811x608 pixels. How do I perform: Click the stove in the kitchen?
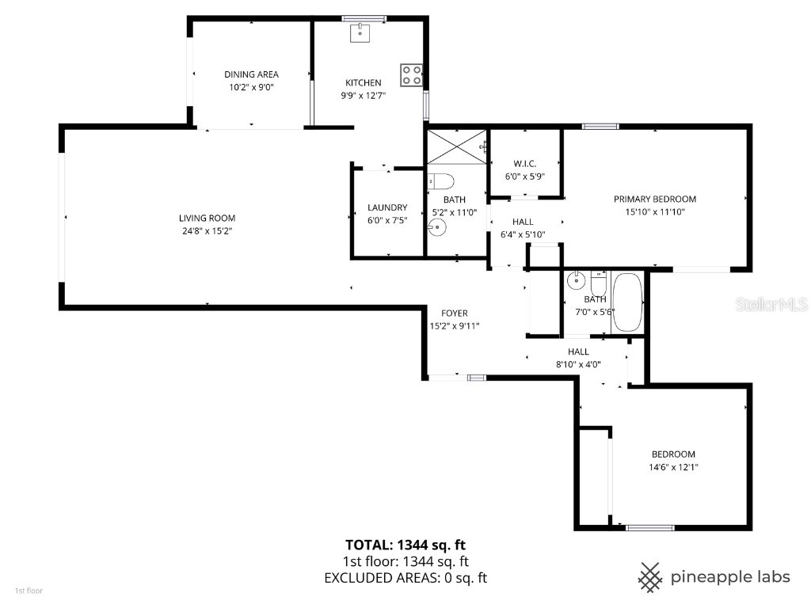[411, 74]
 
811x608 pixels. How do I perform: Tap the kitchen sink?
[360, 32]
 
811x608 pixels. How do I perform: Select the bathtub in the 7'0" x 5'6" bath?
[629, 302]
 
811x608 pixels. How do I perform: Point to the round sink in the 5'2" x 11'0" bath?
[436, 228]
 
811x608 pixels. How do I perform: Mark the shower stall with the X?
[455, 146]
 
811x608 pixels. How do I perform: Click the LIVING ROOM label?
[207, 218]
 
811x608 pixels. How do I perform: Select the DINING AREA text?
[251, 74]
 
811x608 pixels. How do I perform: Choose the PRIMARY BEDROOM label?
[654, 199]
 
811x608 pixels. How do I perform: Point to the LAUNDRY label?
[387, 208]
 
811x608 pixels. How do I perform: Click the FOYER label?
[455, 313]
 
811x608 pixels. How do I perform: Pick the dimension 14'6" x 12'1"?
[673, 467]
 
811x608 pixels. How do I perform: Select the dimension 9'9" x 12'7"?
[363, 95]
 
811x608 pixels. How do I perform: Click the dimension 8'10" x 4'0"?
[577, 364]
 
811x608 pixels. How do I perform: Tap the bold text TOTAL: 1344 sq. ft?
[405, 545]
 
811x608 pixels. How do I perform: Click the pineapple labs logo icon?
[650, 577]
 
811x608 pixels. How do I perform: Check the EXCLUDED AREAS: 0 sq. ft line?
[405, 578]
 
